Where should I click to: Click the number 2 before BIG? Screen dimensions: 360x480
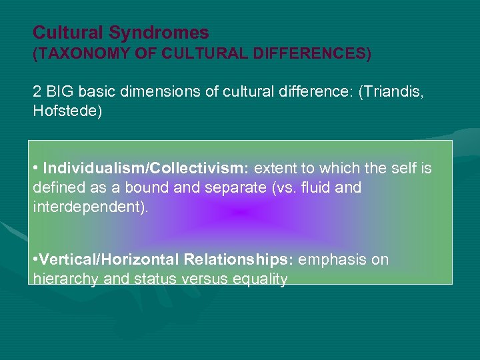click(x=37, y=91)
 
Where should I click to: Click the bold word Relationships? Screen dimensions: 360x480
click(x=239, y=260)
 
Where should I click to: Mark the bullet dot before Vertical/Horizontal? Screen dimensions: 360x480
click(x=35, y=260)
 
